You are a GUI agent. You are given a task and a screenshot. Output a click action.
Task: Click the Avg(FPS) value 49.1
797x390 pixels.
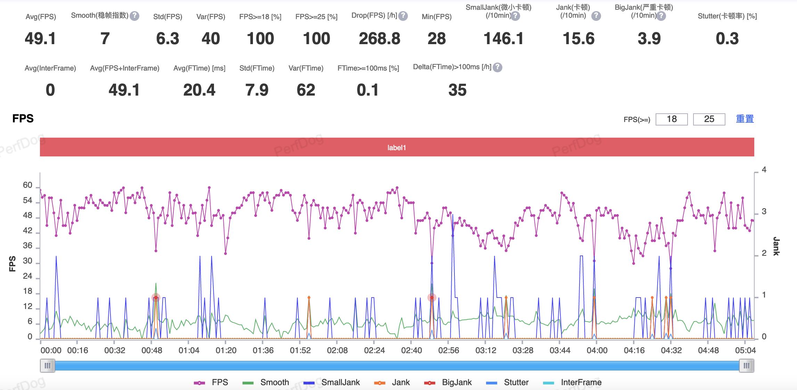click(x=40, y=39)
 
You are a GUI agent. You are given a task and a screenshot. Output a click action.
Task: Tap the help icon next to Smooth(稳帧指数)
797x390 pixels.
click(x=134, y=16)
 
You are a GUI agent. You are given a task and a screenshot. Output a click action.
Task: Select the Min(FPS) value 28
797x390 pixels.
click(x=436, y=39)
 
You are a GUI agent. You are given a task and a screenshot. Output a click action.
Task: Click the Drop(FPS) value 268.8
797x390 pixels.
click(x=379, y=39)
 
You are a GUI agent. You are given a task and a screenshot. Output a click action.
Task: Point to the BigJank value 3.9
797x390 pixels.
click(x=649, y=39)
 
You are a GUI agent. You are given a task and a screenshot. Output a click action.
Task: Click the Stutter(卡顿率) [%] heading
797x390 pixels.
click(x=727, y=16)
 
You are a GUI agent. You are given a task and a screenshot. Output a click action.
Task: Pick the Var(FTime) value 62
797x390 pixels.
click(x=306, y=90)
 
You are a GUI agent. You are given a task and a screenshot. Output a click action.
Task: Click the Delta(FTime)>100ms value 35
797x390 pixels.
click(x=457, y=90)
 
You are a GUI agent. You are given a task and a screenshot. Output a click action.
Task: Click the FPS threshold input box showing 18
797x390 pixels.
click(x=671, y=119)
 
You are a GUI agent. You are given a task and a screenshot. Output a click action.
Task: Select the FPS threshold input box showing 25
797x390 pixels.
click(x=709, y=119)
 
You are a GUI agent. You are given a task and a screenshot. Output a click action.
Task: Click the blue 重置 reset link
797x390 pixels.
click(x=745, y=119)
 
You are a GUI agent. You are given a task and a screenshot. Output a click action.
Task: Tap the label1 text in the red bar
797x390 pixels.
click(x=396, y=148)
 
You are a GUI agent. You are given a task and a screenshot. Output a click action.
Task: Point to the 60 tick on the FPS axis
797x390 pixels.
click(x=28, y=185)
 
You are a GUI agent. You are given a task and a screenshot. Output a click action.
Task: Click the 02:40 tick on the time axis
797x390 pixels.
click(x=411, y=350)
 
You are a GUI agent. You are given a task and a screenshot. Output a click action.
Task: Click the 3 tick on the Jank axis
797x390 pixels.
click(x=764, y=212)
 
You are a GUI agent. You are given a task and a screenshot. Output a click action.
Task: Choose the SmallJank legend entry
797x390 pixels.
click(x=332, y=382)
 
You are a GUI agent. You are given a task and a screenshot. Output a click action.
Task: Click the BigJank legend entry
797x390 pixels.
click(x=448, y=382)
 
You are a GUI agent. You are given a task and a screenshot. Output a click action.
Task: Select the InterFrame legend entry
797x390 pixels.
click(x=572, y=382)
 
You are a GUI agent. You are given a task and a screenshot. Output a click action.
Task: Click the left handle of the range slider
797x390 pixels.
click(x=48, y=366)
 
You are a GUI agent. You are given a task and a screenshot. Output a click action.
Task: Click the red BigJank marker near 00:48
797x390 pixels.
click(x=156, y=298)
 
